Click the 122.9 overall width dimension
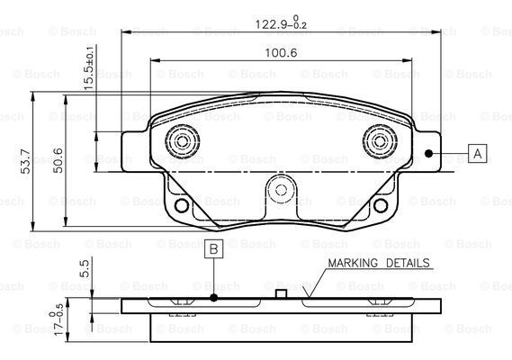(281, 22)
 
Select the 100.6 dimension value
(281, 53)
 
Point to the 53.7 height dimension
(25, 161)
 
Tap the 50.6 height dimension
(58, 160)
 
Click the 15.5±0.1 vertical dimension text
(89, 67)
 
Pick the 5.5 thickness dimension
(85, 268)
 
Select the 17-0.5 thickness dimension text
(56, 319)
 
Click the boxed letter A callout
(478, 153)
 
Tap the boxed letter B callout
(214, 249)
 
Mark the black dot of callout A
(428, 153)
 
